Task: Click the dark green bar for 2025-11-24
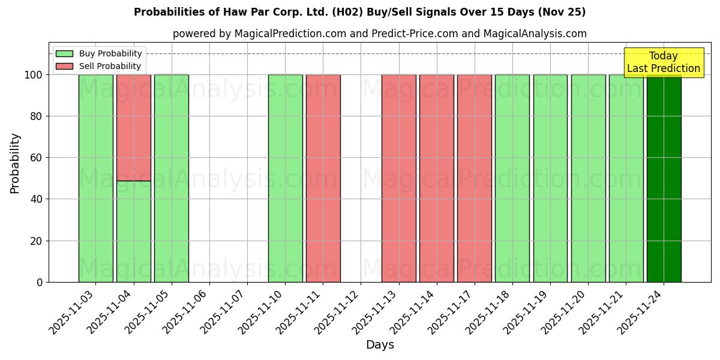point(664,178)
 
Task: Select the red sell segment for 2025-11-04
point(133,127)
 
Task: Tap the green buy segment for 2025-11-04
point(133,231)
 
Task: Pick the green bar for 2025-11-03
point(95,178)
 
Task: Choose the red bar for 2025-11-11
point(323,178)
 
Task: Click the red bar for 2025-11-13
point(398,178)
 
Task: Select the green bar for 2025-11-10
point(285,178)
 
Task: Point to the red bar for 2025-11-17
point(474,178)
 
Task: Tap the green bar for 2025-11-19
point(550,178)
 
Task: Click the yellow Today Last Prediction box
point(664,62)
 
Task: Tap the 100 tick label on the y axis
point(33,75)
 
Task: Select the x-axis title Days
point(380,345)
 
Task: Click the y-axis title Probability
point(15,163)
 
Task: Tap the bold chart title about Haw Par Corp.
point(359,12)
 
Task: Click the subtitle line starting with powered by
point(379,34)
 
